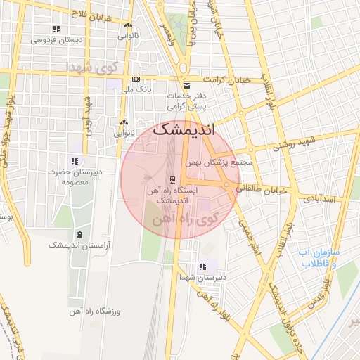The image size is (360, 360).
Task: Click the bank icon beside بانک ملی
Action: tap(136, 79)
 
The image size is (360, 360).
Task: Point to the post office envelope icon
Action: tap(186, 86)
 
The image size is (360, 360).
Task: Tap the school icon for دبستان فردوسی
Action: tap(56, 29)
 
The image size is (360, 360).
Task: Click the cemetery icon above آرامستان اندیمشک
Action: tap(79, 234)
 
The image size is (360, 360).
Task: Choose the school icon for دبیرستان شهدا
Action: tap(202, 266)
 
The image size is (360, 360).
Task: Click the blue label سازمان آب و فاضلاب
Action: tap(319, 257)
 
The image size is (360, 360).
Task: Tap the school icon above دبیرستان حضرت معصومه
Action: tap(74, 161)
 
